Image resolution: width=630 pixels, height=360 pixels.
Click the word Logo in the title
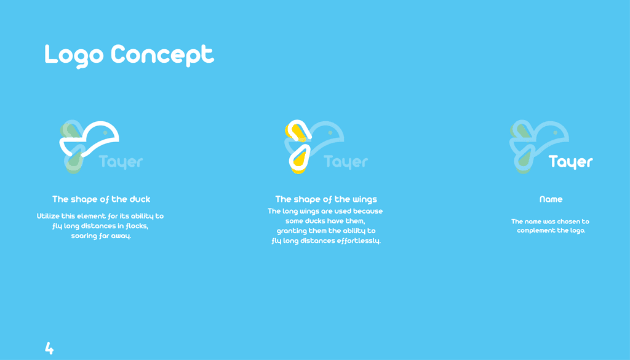(74, 55)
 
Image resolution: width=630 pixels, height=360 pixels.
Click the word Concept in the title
(162, 55)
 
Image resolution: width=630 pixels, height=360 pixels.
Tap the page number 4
(49, 348)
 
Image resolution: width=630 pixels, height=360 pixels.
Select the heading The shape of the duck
(102, 199)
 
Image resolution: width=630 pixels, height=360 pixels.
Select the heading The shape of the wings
(326, 199)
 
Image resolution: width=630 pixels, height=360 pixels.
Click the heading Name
(551, 199)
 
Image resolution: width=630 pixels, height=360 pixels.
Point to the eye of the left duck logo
(105, 132)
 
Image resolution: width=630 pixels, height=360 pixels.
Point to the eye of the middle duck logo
(330, 132)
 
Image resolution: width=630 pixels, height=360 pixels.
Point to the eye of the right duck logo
(556, 132)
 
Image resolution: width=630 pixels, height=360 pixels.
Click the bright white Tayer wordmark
(571, 162)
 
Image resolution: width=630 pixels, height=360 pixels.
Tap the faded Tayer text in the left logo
(121, 162)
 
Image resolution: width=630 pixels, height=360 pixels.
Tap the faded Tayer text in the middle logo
(346, 162)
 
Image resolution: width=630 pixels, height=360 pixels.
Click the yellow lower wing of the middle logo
(300, 160)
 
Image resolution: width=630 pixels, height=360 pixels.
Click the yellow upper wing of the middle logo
(296, 131)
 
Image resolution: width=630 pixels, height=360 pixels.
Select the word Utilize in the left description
(48, 216)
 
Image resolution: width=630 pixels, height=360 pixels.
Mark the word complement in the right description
(536, 231)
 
